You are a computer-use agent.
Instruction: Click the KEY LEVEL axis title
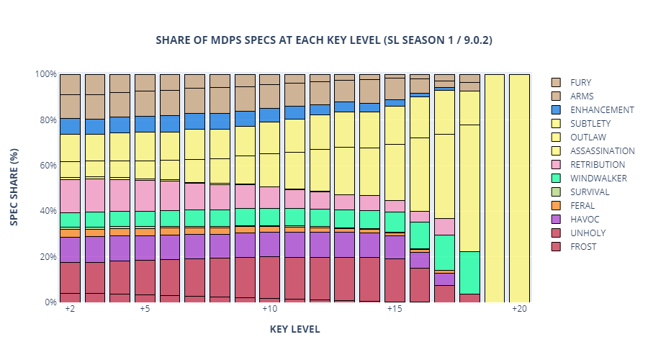click(x=294, y=329)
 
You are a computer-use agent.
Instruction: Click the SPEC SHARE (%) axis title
click(x=14, y=187)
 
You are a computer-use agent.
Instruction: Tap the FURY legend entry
click(x=580, y=83)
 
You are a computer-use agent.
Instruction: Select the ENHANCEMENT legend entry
click(x=601, y=110)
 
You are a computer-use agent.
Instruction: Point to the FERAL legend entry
click(x=582, y=206)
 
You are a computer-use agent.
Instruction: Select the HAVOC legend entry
click(x=583, y=220)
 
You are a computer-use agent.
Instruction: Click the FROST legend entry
click(x=582, y=247)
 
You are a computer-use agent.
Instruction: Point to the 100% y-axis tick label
click(x=45, y=74)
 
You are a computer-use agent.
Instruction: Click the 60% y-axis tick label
click(x=48, y=165)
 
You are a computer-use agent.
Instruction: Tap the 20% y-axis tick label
click(x=48, y=256)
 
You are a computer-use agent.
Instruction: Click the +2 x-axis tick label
click(x=70, y=309)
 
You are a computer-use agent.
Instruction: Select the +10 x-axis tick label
click(x=269, y=309)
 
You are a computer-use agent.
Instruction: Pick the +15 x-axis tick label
click(x=394, y=309)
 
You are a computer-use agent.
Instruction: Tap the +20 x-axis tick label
click(x=519, y=309)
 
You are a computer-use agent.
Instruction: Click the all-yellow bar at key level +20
click(x=519, y=188)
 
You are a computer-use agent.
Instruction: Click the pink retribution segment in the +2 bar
click(x=70, y=196)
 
